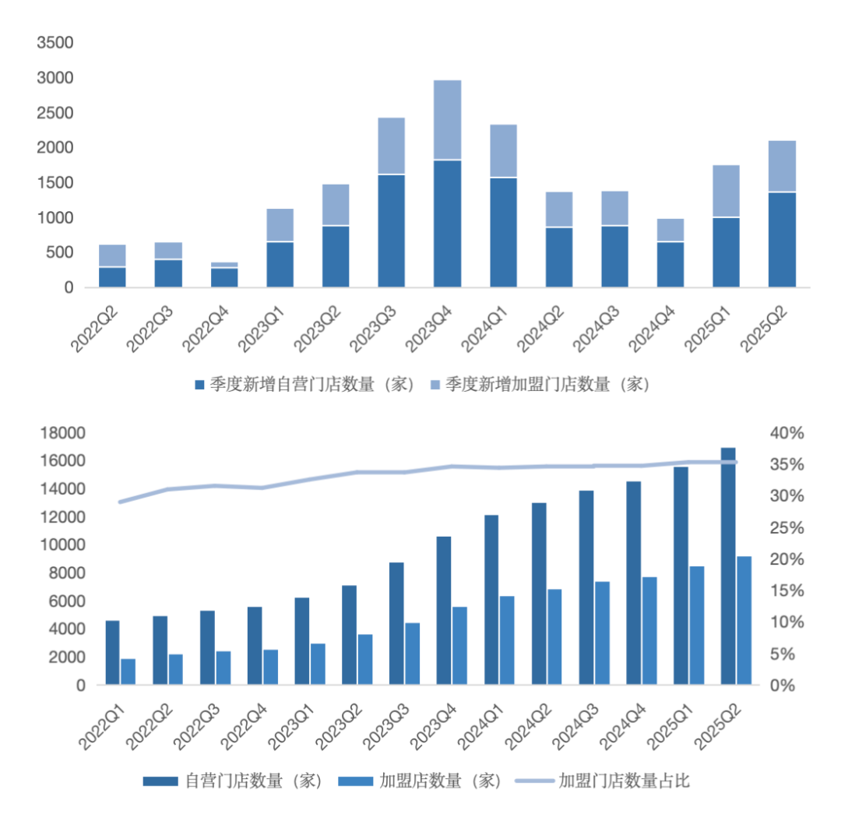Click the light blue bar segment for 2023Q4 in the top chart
tap(448, 120)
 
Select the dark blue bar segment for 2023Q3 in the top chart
tap(392, 231)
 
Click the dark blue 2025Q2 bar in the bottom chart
tap(728, 566)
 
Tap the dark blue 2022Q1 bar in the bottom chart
tap(113, 653)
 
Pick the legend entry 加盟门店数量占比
tap(615, 781)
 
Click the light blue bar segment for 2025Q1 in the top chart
tap(727, 191)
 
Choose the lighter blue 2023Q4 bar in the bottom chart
tap(459, 646)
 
